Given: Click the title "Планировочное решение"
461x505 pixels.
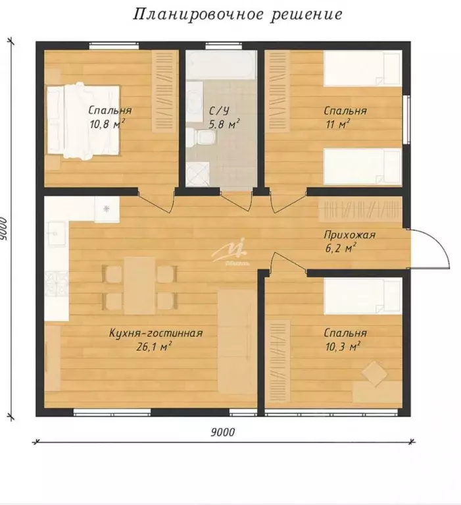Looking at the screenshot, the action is pos(238,15).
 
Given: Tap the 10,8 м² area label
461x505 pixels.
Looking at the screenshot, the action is pos(107,124).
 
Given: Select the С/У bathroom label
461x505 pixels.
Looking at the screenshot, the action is pos(219,111).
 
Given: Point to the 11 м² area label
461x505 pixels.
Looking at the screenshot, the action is pos(338,124).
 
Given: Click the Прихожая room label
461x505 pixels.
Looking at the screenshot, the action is pos(349,235).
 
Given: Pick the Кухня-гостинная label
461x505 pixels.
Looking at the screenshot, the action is pos(156,333).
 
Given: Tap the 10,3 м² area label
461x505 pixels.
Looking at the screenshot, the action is pos(343,347).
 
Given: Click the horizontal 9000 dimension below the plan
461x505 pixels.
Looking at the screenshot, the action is pos(223,432).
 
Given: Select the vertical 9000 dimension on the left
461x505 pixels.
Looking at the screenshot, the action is pos(4,229).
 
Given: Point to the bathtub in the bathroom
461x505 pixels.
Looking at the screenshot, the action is pos(221,65).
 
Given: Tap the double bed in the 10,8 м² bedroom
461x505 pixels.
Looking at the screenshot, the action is pos(84,121).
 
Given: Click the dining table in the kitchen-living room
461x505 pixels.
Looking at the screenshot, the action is pos(139,286).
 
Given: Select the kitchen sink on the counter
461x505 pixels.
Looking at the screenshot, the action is pos(57,233).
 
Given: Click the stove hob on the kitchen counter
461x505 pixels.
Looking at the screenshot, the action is pos(57,284).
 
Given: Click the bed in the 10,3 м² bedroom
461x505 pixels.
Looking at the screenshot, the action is pos(362,296).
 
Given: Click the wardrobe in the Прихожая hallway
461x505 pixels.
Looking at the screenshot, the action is pos(360,209).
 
